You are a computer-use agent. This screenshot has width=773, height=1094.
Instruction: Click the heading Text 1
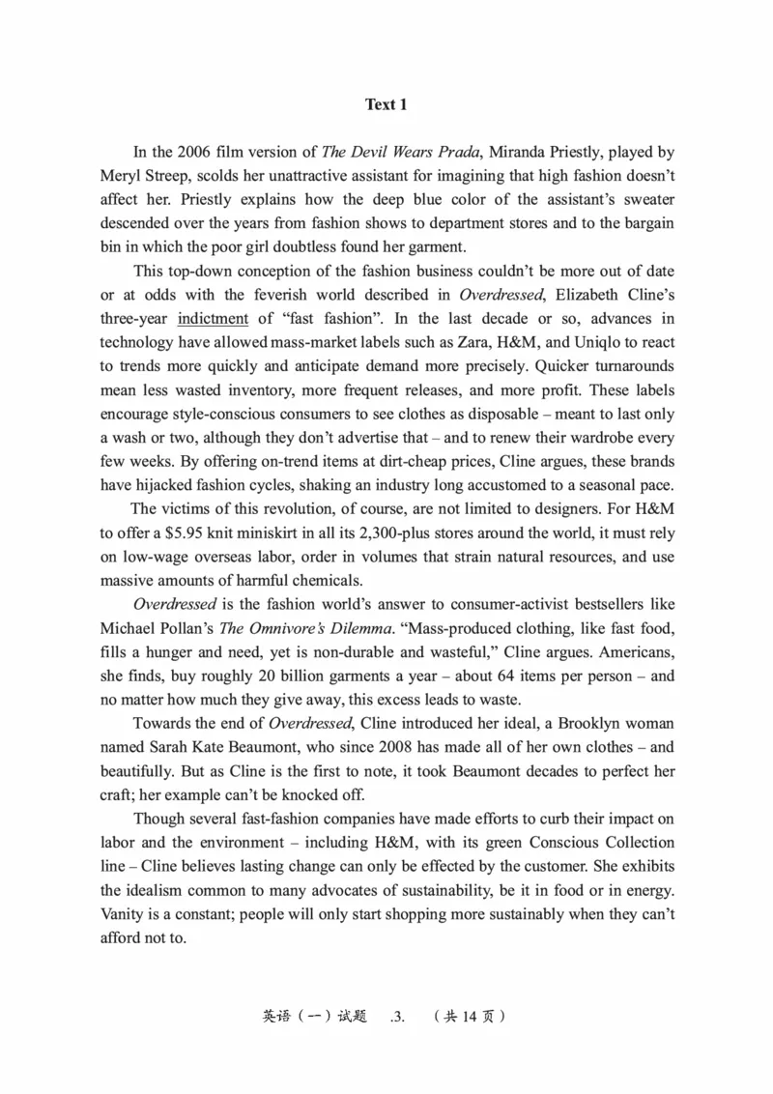click(x=386, y=104)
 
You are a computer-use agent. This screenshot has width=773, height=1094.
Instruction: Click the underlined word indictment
click(x=213, y=318)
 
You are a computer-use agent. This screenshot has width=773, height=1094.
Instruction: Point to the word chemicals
click(x=329, y=580)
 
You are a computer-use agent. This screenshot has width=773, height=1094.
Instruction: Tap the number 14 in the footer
click(x=468, y=1016)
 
